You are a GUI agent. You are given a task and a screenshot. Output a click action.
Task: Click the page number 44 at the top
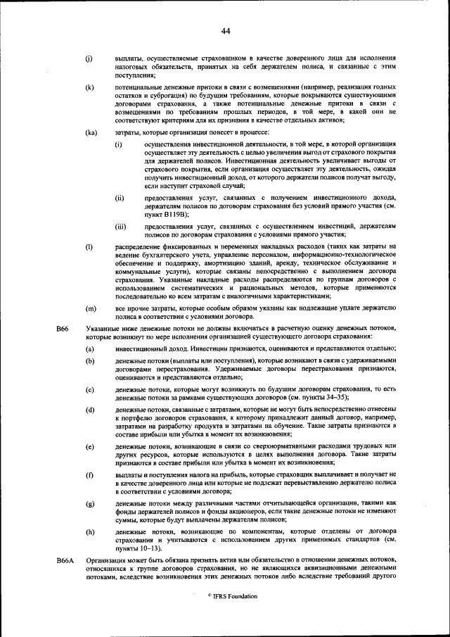225,30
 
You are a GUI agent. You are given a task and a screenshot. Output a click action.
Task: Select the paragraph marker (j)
89,58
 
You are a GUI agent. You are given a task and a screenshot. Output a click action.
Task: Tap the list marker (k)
89,87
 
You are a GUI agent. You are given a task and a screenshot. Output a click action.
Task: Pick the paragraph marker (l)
89,246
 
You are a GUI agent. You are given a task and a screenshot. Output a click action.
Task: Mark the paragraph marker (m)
90,308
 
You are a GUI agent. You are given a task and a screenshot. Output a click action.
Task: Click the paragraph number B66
63,329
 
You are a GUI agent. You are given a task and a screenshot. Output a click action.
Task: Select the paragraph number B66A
65,560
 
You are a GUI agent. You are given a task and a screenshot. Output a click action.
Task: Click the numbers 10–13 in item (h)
137,547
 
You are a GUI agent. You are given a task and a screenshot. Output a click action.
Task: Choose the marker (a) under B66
89,349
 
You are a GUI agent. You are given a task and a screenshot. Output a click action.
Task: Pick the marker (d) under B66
89,409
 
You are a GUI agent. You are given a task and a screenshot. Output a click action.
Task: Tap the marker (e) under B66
89,447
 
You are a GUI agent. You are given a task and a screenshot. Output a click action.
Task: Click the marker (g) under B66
89,505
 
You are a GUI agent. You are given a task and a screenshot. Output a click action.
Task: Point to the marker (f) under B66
89,476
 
